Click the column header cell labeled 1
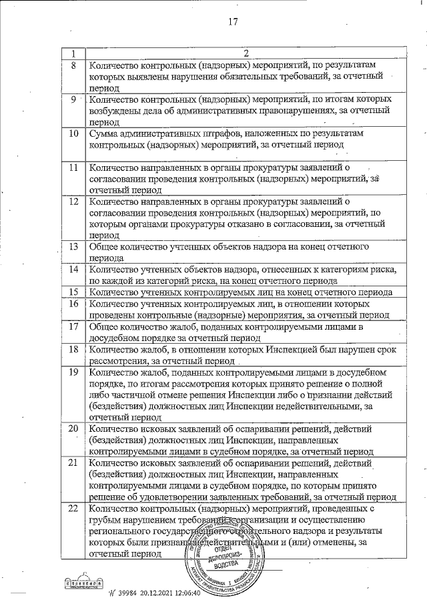pyautogui.click(x=73, y=53)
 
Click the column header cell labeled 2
pyautogui.click(x=245, y=53)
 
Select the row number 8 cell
pyautogui.click(x=73, y=65)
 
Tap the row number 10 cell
pyautogui.click(x=73, y=133)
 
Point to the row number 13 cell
pyautogui.click(x=73, y=247)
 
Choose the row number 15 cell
pyautogui.click(x=73, y=292)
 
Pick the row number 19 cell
pyautogui.click(x=73, y=371)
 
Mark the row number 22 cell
pyautogui.click(x=73, y=509)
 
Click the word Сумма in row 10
pyautogui.click(x=105, y=133)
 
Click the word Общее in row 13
pyautogui.click(x=105, y=247)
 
